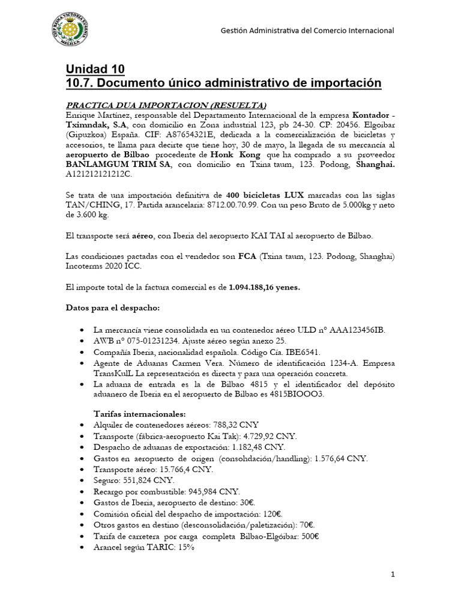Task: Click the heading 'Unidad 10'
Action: click(95, 69)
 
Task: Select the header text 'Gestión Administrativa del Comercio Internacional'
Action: click(307, 30)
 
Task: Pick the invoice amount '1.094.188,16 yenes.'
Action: click(264, 287)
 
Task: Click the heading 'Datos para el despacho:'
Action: click(112, 307)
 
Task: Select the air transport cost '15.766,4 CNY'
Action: click(182, 469)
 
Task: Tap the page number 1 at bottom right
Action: click(393, 575)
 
